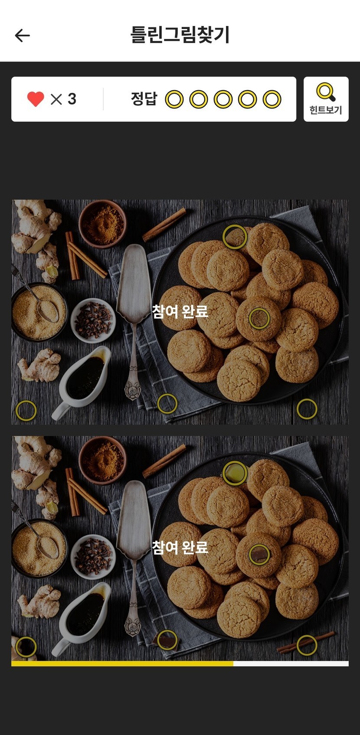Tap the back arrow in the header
click(22, 36)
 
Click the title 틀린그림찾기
click(180, 35)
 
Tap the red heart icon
click(36, 99)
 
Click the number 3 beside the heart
click(72, 99)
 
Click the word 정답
click(144, 99)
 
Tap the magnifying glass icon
click(326, 92)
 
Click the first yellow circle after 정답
click(174, 99)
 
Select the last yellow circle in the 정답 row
click(272, 99)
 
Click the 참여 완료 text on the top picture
click(180, 311)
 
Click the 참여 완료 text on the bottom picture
click(180, 547)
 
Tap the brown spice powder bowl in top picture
click(102, 224)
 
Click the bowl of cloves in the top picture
click(93, 320)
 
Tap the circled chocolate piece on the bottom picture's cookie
click(259, 555)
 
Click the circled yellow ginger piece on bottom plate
click(235, 472)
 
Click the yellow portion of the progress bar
click(122, 664)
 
